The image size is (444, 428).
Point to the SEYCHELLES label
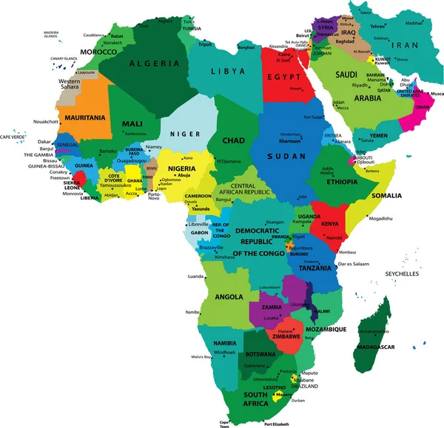[402, 274]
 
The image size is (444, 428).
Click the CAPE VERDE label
[13, 137]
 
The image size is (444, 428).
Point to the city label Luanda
[196, 276]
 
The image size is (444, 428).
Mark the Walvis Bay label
[202, 357]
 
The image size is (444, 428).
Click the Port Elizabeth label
[276, 424]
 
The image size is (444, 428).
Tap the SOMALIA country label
[386, 195]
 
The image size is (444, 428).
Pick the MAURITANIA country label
[84, 118]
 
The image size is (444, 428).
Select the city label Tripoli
[206, 44]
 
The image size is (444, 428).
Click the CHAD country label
[234, 140]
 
